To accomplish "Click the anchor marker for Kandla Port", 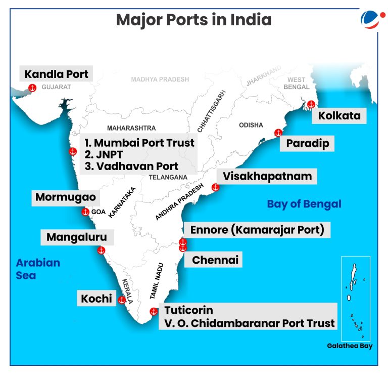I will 33,88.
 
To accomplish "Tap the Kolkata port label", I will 339,115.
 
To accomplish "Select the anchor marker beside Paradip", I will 278,133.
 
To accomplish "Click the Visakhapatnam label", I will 267,177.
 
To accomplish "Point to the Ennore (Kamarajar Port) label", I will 257,230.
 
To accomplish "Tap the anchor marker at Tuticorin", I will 154,312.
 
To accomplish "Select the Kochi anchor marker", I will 122,300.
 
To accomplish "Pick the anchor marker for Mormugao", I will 85,212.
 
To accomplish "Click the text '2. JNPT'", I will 105,154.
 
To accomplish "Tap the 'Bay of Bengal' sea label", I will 304,204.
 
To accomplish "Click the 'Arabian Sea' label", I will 37,269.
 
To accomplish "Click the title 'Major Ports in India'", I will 193,20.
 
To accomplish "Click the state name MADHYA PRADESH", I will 160,79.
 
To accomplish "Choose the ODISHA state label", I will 251,125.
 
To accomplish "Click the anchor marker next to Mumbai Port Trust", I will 73,151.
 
